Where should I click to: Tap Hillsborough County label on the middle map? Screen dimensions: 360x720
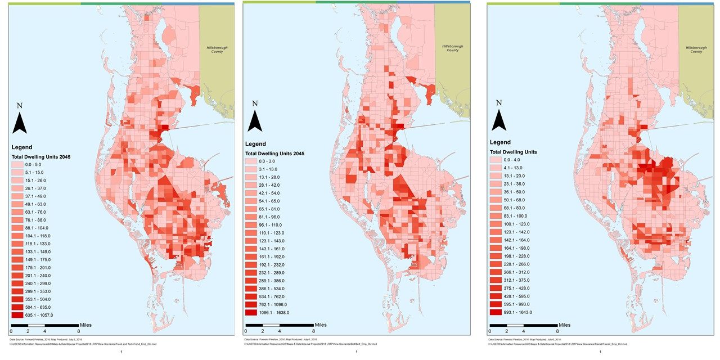pyautogui.click(x=450, y=48)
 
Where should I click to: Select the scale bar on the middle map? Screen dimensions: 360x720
pyautogui.click(x=278, y=325)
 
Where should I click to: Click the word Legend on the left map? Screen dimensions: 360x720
pyautogui.click(x=22, y=147)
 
